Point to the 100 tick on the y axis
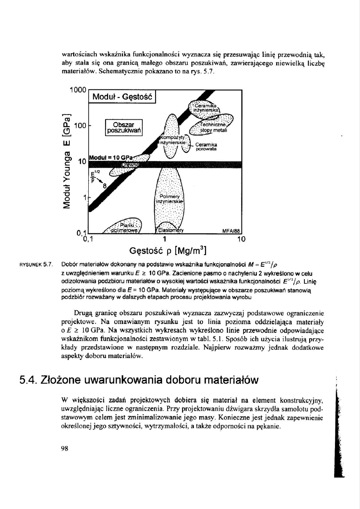pos(81,126)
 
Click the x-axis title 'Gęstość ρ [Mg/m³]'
pos(169,252)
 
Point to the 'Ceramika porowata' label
pos(206,147)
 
